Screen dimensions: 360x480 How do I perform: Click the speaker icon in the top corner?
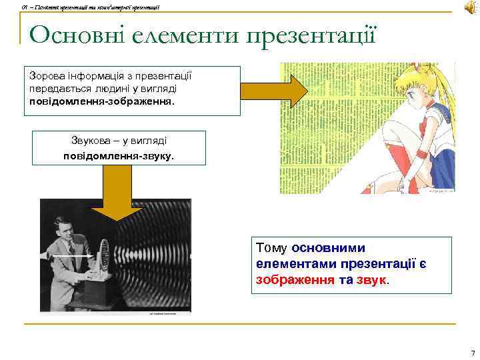pyautogui.click(x=468, y=7)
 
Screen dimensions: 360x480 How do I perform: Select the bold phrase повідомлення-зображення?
pyautogui.click(x=101, y=102)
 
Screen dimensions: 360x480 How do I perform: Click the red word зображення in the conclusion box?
pyautogui.click(x=295, y=279)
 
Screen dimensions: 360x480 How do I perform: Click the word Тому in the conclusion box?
pyautogui.click(x=272, y=249)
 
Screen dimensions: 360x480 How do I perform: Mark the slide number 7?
pyautogui.click(x=472, y=353)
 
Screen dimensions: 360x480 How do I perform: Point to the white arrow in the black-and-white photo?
pyautogui.click(x=72, y=256)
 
